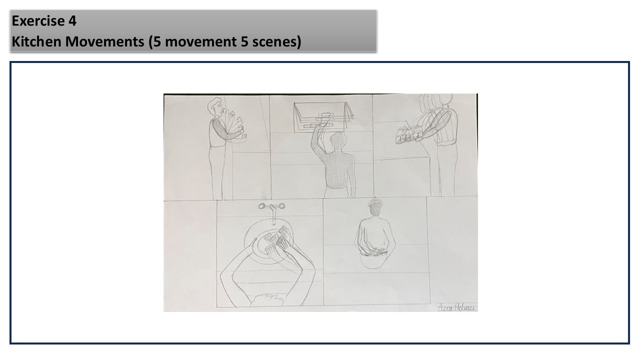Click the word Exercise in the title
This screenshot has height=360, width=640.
click(38, 21)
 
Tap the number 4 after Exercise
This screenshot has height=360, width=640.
click(72, 21)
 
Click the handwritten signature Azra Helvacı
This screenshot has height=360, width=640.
click(456, 307)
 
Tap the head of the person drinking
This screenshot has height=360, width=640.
click(215, 106)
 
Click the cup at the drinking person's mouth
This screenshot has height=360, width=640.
click(225, 111)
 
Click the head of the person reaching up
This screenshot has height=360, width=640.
click(339, 141)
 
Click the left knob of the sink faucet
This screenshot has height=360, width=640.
click(261, 206)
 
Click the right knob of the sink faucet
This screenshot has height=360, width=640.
click(281, 206)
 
